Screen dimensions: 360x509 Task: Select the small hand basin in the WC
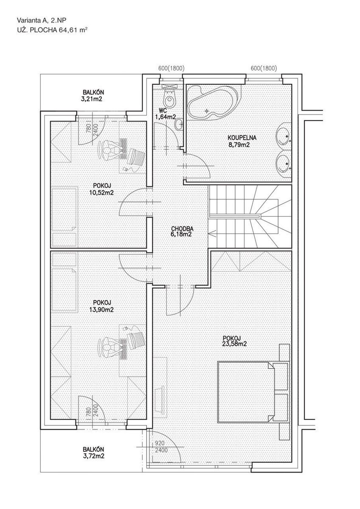(x=179, y=124)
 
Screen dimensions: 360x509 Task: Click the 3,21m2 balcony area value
(x=93, y=99)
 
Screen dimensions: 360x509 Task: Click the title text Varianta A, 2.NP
(x=42, y=20)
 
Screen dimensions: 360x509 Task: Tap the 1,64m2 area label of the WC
(x=165, y=117)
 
